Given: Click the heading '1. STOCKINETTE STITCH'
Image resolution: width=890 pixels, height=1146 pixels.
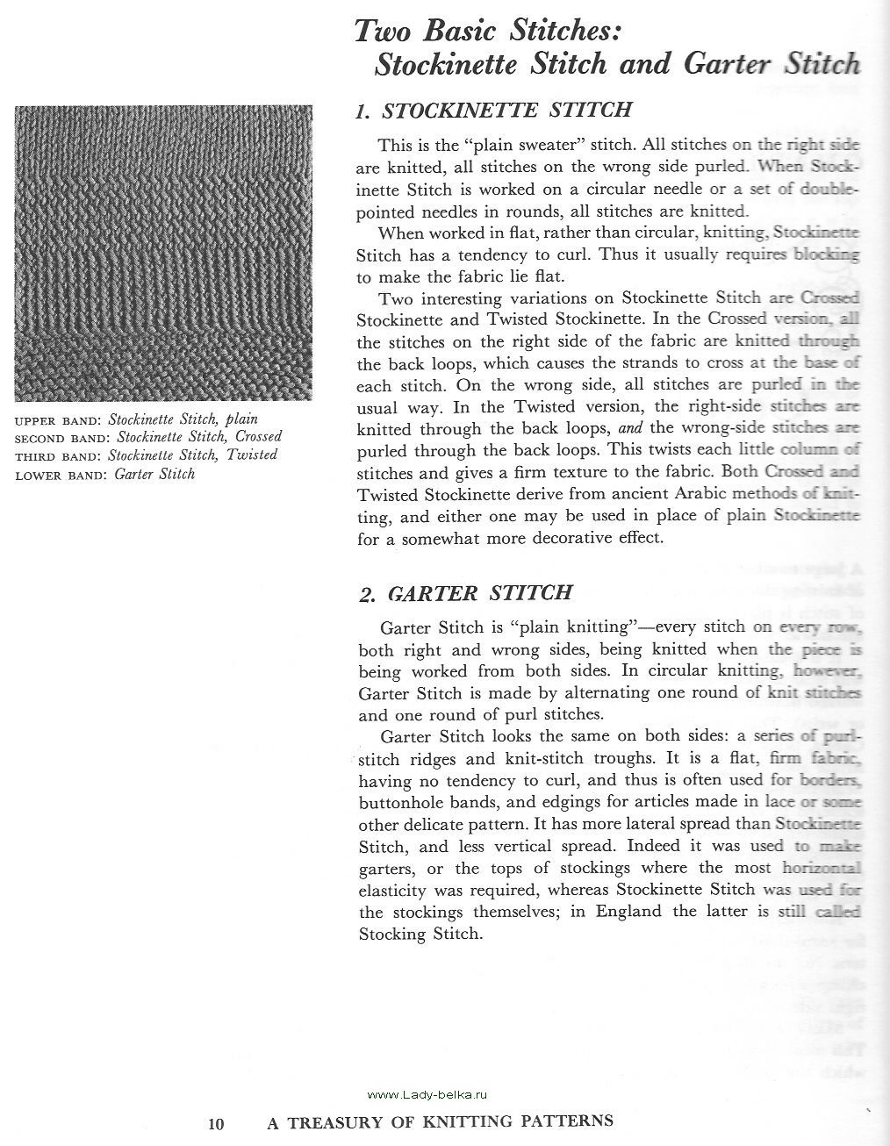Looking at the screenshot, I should [493, 111].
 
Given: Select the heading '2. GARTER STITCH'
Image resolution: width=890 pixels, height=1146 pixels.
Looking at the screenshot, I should [465, 593].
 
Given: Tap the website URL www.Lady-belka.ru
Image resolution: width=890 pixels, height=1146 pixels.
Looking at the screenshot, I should [427, 1094].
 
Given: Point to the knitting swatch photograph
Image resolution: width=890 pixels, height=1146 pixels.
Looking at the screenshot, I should [163, 253].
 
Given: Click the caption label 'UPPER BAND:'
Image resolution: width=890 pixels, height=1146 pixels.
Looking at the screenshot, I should [59, 420].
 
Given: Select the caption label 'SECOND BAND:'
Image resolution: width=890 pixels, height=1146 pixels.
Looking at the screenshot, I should [63, 438].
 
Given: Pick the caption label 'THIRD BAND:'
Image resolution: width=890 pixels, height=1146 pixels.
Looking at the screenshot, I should [59, 456].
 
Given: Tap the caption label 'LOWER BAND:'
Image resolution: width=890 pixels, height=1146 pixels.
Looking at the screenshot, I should [61, 476].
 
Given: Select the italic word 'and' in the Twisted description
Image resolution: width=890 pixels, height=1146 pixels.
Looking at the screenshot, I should [631, 429].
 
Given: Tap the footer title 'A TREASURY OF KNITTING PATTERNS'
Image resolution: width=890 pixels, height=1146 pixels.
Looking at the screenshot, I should [440, 1121].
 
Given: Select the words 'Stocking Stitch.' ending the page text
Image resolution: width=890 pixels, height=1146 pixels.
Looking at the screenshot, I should [420, 934].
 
